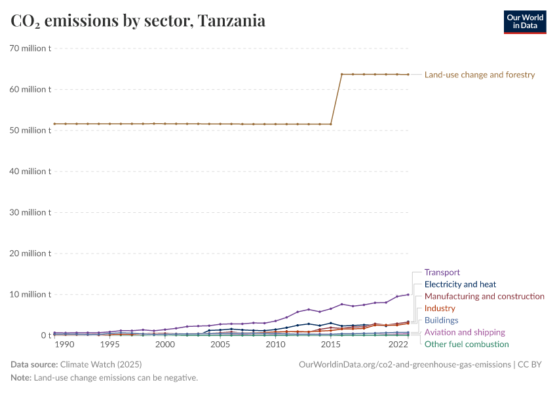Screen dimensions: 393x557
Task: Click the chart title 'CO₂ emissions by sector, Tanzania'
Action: click(x=138, y=21)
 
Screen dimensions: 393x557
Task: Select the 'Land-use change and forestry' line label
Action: click(x=480, y=75)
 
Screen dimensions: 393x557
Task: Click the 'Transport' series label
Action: click(x=442, y=272)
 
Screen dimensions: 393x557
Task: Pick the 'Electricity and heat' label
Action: click(x=460, y=284)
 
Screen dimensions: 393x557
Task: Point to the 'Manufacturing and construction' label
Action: click(x=484, y=297)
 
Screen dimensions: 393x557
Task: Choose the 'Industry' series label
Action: click(x=440, y=309)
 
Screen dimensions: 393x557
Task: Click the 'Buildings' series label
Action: click(x=442, y=320)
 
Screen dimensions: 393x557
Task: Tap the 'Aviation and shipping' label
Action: click(x=465, y=332)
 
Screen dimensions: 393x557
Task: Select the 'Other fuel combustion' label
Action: click(x=467, y=344)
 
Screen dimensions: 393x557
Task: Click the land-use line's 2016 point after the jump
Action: click(x=342, y=74)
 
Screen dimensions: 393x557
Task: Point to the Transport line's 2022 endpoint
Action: click(x=408, y=294)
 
